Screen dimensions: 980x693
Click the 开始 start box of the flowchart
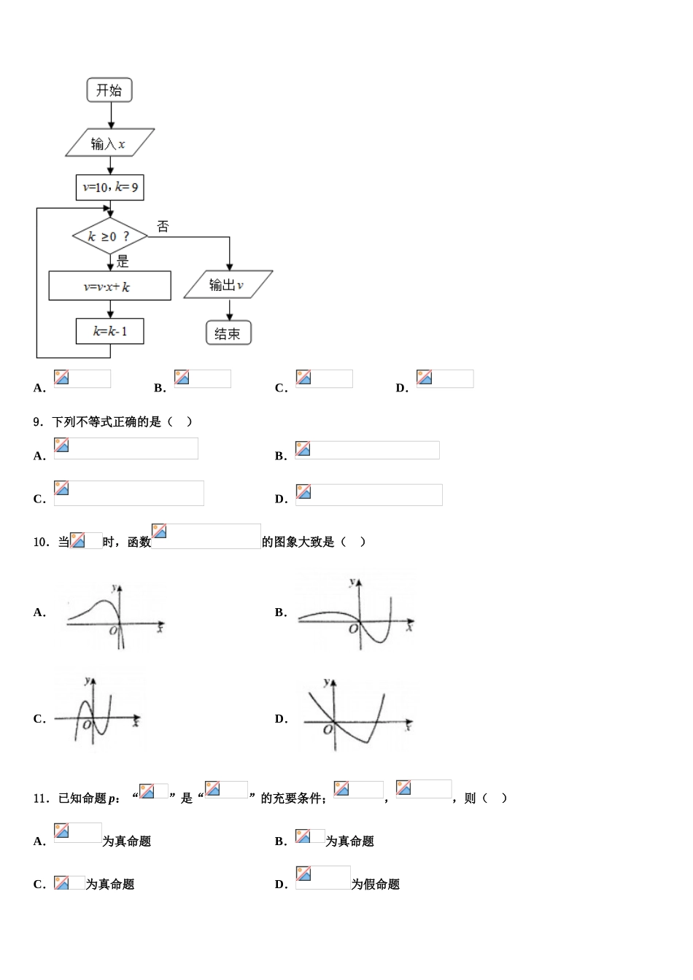point(109,90)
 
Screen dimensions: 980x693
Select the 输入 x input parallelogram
point(109,144)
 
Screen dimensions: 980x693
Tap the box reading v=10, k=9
point(110,187)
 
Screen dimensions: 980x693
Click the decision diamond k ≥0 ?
point(109,236)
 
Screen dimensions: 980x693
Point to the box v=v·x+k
point(109,287)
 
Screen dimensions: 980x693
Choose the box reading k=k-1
point(110,331)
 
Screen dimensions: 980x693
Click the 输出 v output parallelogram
point(228,285)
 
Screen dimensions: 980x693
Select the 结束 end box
point(228,333)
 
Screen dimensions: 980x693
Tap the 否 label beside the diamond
point(163,227)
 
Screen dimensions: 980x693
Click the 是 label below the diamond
point(123,262)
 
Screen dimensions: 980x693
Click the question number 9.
point(38,422)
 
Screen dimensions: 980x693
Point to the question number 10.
point(40,542)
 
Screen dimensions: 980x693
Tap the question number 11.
point(40,798)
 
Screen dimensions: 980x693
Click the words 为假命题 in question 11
point(376,884)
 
